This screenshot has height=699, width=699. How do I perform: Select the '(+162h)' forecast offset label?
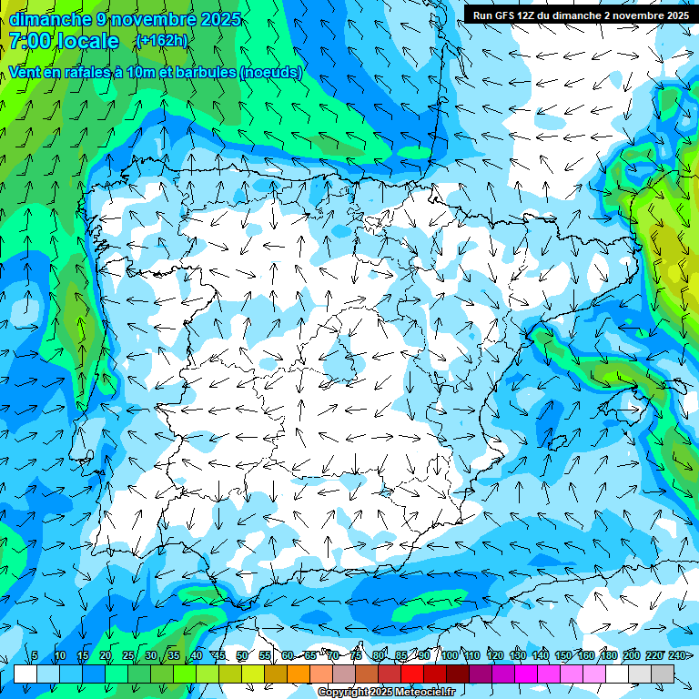click(161, 41)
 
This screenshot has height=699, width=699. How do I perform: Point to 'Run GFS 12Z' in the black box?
click(503, 15)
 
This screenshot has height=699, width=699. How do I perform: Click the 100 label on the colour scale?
click(449, 655)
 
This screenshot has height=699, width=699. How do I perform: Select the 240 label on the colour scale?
click(677, 655)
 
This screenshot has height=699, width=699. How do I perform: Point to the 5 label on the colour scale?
click(35, 655)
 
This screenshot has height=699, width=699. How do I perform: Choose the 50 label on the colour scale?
click(241, 655)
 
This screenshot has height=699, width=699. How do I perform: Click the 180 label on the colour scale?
click(608, 655)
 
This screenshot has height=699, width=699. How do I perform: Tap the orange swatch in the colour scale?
click(299, 674)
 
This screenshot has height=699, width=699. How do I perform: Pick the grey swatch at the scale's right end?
click(663, 674)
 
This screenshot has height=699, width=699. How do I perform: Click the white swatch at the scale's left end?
click(25, 674)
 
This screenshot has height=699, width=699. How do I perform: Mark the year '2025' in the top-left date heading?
click(218, 19)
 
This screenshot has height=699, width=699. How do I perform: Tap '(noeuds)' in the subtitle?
click(271, 72)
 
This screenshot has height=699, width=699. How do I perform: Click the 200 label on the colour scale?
click(631, 655)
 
